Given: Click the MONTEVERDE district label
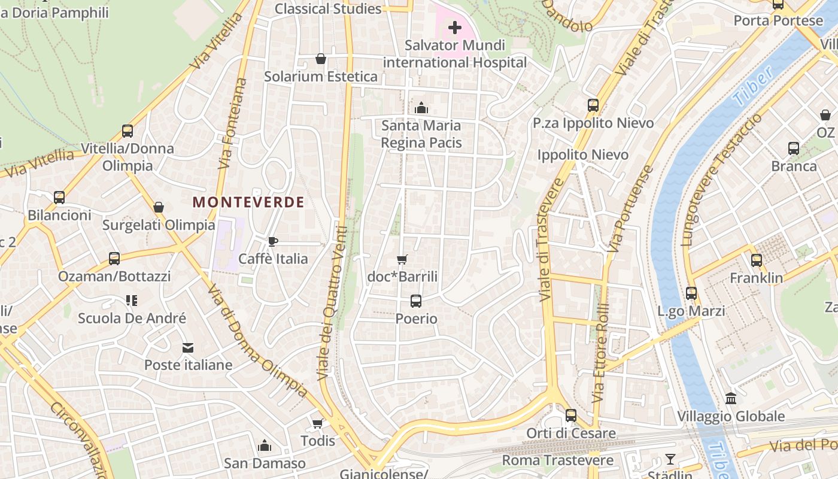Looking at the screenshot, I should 248,202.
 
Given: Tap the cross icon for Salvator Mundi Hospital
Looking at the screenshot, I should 455,28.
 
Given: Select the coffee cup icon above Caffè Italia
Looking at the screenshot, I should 273,241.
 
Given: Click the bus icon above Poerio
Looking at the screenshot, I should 416,301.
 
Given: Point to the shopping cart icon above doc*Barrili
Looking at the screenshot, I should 402,259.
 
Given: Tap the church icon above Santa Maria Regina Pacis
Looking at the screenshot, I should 421,108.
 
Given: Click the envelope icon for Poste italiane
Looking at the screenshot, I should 188,347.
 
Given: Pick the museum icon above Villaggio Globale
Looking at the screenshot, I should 731,399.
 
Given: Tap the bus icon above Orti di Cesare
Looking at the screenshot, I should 571,416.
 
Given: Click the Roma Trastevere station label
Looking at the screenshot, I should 557,460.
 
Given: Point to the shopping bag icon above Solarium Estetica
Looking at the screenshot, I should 321,59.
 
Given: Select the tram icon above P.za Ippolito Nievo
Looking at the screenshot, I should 593,105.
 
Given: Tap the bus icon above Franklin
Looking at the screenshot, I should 757,260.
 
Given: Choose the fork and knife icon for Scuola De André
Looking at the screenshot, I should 132,301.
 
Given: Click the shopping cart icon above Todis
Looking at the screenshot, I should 317,423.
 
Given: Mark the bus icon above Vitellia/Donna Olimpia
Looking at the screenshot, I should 127,131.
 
